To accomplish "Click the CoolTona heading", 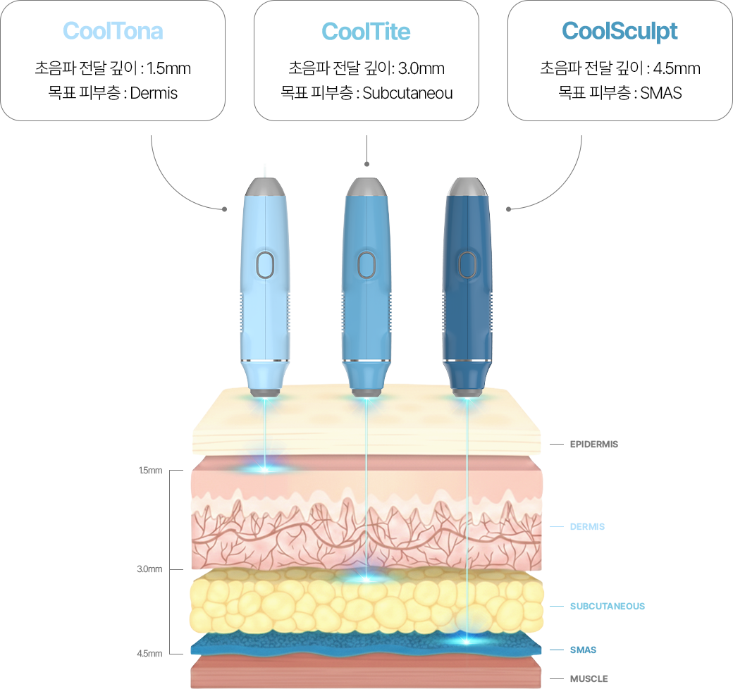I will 113,31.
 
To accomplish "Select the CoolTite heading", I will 366,31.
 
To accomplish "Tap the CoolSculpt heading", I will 620,31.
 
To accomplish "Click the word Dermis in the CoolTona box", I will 154,92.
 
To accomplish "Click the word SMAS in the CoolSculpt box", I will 661,92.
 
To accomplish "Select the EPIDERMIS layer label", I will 593,445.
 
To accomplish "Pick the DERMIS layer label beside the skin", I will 587,526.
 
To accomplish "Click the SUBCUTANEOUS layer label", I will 607,606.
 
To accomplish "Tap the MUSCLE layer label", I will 589,678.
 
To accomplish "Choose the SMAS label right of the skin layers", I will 583,650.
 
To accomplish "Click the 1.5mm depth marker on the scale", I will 150,470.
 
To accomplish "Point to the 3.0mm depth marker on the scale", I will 150,569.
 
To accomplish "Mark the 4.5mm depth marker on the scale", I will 150,653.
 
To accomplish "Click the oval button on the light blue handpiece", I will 265,265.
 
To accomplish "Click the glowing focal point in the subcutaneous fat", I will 366,578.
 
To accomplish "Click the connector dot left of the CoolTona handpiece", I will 224,209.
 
